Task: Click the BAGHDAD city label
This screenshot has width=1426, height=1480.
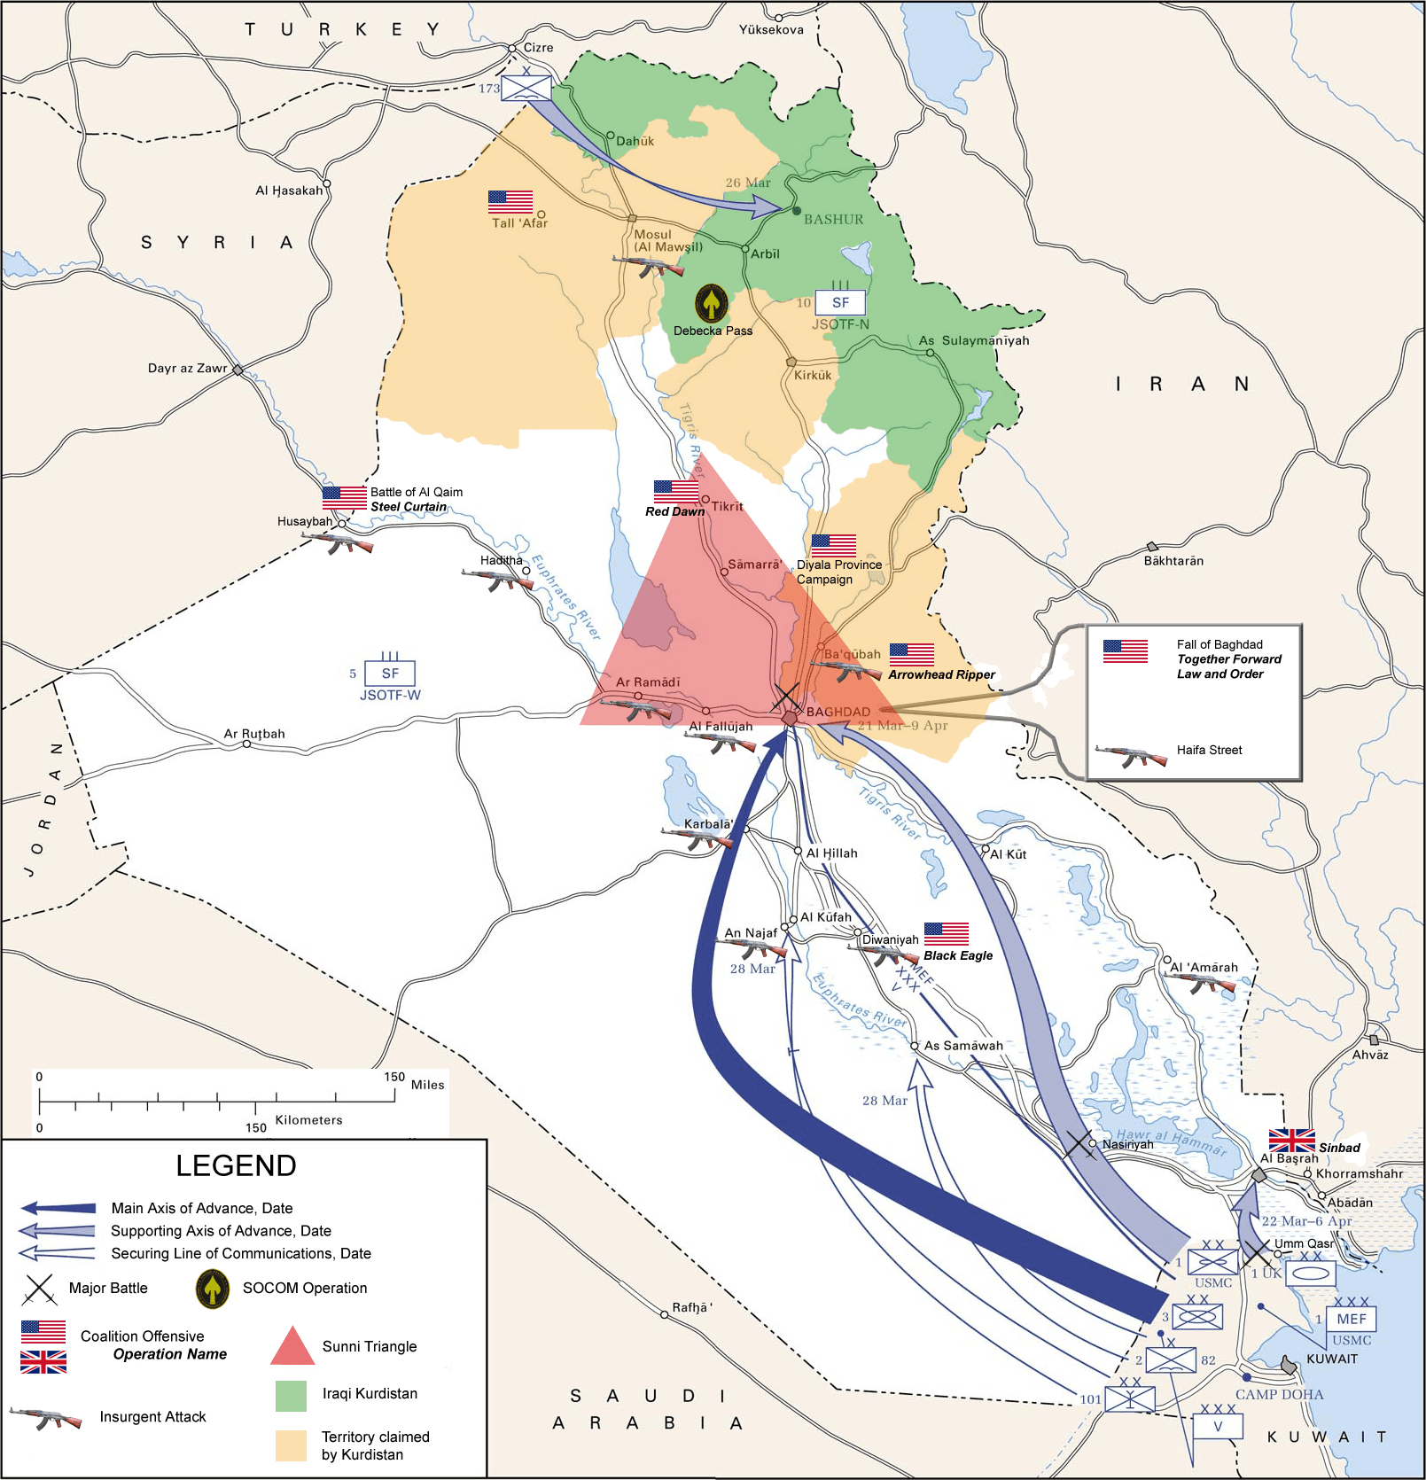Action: coord(838,712)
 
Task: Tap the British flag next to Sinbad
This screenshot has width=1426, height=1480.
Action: coord(1291,1141)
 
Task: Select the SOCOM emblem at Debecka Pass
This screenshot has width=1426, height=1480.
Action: coord(711,303)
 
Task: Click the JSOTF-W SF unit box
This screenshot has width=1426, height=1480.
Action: coord(390,674)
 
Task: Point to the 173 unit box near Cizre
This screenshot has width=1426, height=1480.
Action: coord(526,89)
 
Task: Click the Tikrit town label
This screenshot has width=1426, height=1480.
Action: coord(727,506)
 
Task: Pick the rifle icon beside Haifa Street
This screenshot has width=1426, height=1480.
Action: coord(1130,756)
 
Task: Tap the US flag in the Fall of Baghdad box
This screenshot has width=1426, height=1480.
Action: coord(1125,651)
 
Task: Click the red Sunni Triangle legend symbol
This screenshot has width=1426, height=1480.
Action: coord(292,1346)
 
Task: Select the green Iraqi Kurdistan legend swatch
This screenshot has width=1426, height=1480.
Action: coord(292,1396)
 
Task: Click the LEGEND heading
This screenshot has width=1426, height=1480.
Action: coord(236,1165)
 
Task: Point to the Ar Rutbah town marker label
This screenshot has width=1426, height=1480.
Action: coord(254,734)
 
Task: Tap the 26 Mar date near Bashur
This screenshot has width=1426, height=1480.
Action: coord(748,183)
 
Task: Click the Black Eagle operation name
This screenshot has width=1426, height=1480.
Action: coord(957,955)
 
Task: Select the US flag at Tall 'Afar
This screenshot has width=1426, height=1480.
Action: coord(510,202)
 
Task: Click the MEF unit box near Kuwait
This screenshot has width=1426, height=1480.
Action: coord(1352,1319)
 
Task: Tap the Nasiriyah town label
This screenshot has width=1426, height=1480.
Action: coord(1127,1144)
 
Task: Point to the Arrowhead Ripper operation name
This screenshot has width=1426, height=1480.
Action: coord(941,674)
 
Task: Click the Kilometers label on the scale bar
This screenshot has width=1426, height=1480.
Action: coord(308,1120)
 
